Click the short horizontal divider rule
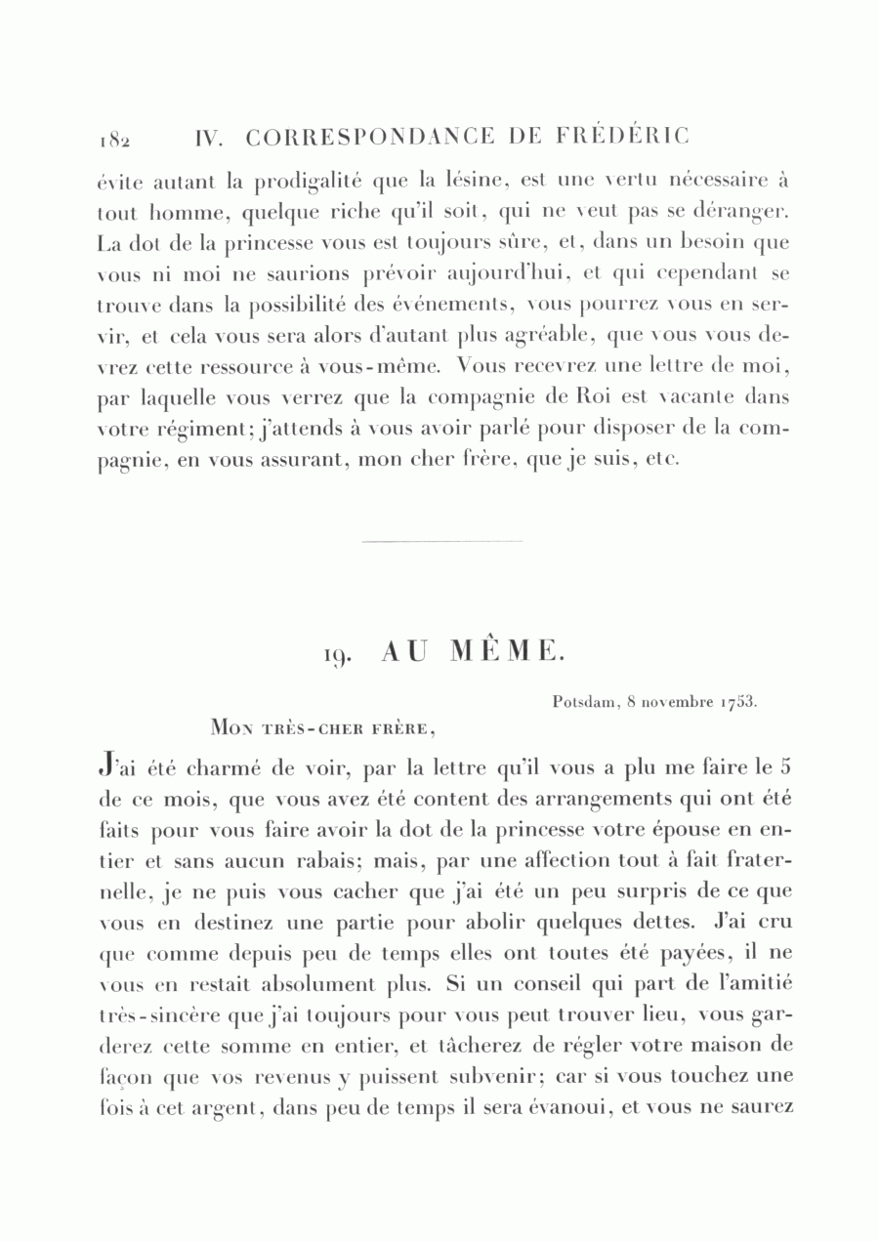coord(441,541)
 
